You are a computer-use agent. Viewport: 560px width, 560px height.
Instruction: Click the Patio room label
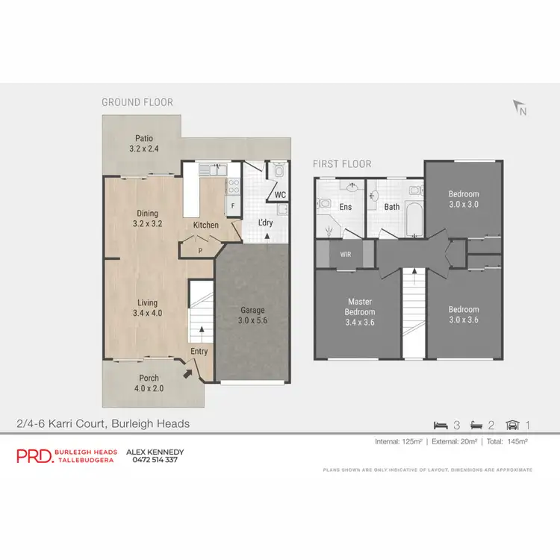[x=144, y=138]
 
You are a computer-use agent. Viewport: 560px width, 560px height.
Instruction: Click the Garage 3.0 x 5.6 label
[x=252, y=315]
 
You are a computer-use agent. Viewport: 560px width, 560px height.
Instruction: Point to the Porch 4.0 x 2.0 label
[x=149, y=383]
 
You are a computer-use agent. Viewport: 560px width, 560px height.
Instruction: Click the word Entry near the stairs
[x=199, y=352]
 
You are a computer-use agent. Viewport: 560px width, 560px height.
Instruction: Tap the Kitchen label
[x=206, y=225]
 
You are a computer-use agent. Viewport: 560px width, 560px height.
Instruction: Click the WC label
[x=280, y=195]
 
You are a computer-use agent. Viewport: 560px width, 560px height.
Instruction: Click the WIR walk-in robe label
[x=346, y=254]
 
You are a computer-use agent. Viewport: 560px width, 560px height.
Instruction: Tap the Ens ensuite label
[x=346, y=207]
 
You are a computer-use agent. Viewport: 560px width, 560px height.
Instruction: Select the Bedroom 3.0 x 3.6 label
[x=463, y=314]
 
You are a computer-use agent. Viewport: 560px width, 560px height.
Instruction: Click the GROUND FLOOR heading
[x=137, y=102]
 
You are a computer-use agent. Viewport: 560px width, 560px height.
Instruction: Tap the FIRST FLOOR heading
[x=341, y=164]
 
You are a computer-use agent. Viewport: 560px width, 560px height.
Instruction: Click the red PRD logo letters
[x=34, y=456]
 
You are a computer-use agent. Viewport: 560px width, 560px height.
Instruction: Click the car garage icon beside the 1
[x=512, y=426]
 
